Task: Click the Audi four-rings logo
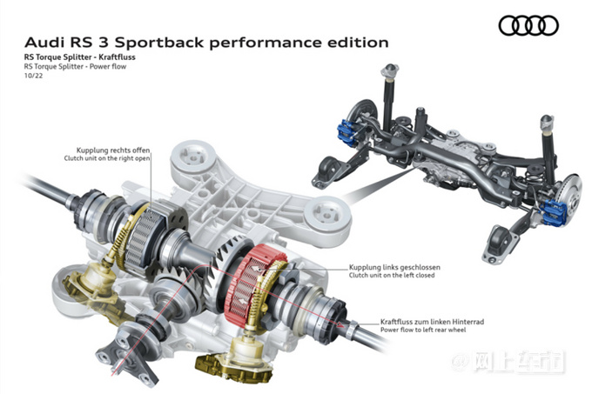[528, 25]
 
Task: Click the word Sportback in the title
[159, 43]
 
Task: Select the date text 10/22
[34, 76]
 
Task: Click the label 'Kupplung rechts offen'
[113, 150]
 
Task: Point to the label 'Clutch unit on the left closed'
[392, 276]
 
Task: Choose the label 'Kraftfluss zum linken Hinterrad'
[432, 322]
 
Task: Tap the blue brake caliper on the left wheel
[347, 132]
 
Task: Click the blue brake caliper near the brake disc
[555, 212]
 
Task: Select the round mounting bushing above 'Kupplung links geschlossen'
[328, 216]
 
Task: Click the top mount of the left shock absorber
[389, 70]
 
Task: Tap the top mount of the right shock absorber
[548, 122]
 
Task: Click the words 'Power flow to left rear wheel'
[423, 330]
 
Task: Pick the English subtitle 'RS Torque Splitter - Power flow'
[75, 67]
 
